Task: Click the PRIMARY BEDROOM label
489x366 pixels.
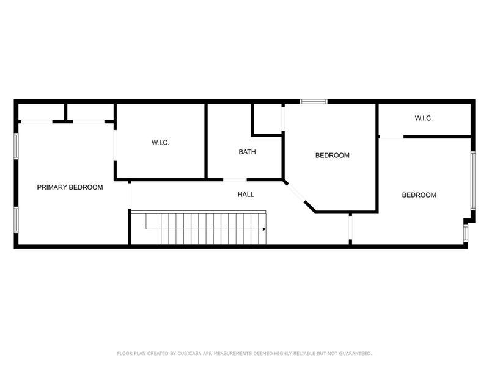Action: tap(70, 187)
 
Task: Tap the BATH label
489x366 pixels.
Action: tap(247, 152)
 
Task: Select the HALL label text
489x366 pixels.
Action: tap(246, 195)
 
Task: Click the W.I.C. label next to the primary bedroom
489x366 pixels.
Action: tap(160, 143)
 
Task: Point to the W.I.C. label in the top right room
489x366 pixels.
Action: tap(423, 118)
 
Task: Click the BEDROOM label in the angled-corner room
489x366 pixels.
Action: tap(332, 156)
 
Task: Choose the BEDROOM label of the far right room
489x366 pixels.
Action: tap(419, 195)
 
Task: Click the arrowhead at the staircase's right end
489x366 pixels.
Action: tap(263, 229)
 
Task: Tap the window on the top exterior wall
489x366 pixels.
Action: tap(313, 101)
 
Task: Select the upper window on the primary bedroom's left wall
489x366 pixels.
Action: tap(17, 146)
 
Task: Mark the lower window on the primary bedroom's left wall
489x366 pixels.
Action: tap(17, 220)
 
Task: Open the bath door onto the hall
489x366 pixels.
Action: tap(235, 179)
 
